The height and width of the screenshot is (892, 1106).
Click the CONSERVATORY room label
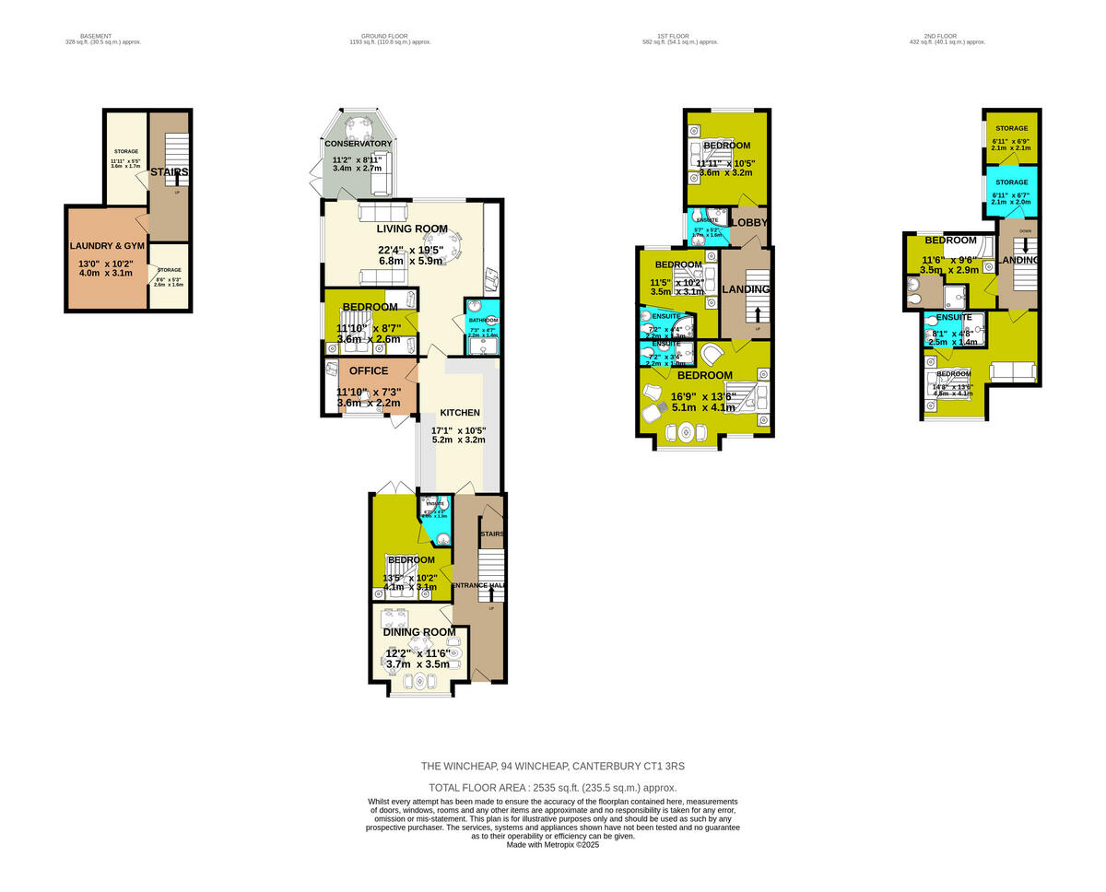pos(358,144)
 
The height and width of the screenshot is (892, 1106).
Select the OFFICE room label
pos(368,371)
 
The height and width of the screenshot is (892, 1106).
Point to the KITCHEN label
pos(459,412)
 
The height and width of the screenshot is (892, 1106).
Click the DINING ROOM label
pos(420,632)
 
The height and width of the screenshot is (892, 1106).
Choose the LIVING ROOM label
pos(411,229)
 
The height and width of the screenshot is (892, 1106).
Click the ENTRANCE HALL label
pos(477,585)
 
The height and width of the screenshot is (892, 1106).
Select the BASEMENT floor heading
pos(96,36)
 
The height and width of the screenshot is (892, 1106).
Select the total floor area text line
pos(553,788)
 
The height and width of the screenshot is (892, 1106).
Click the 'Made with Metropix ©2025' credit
pos(553,844)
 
